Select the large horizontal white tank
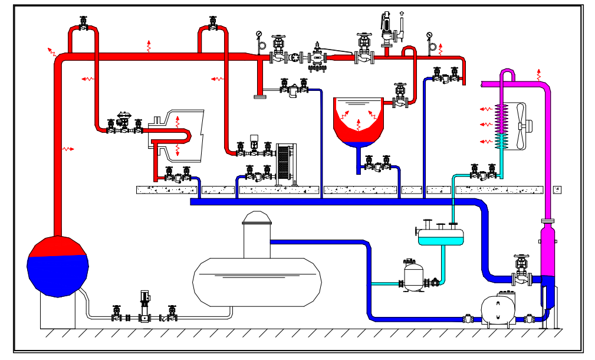pos(257,282)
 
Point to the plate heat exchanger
pos(285,164)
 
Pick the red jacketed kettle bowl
pos(359,121)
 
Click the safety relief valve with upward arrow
pos(387,30)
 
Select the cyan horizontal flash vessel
pos(441,236)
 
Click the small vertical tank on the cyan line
pos(413,276)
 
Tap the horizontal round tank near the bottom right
pos(497,310)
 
